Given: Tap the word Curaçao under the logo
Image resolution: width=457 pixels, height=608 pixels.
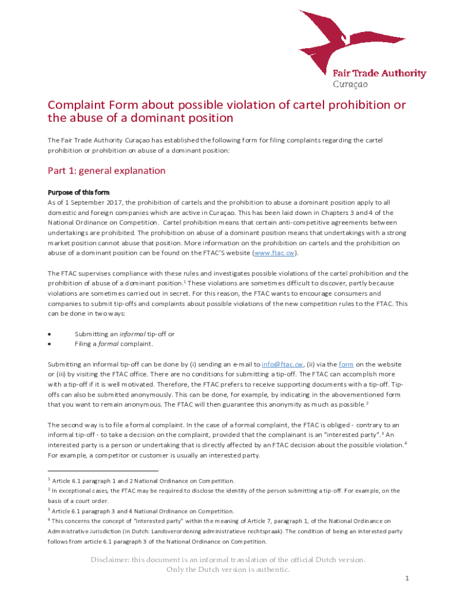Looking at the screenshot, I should pyautogui.click(x=350, y=84).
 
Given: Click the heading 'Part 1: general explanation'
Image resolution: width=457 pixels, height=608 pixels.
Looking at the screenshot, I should pyautogui.click(x=106, y=171).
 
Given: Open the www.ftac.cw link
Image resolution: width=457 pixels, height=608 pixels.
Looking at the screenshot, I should pyautogui.click(x=274, y=253).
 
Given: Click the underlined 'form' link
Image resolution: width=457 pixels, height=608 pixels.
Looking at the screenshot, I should pyautogui.click(x=346, y=364).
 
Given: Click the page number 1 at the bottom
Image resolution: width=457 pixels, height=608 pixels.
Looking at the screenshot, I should pyautogui.click(x=407, y=578).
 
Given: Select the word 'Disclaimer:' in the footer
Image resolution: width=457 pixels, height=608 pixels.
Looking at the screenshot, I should pyautogui.click(x=110, y=560).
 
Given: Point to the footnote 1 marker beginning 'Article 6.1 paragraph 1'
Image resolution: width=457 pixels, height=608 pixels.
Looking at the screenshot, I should pyautogui.click(x=49, y=479).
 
